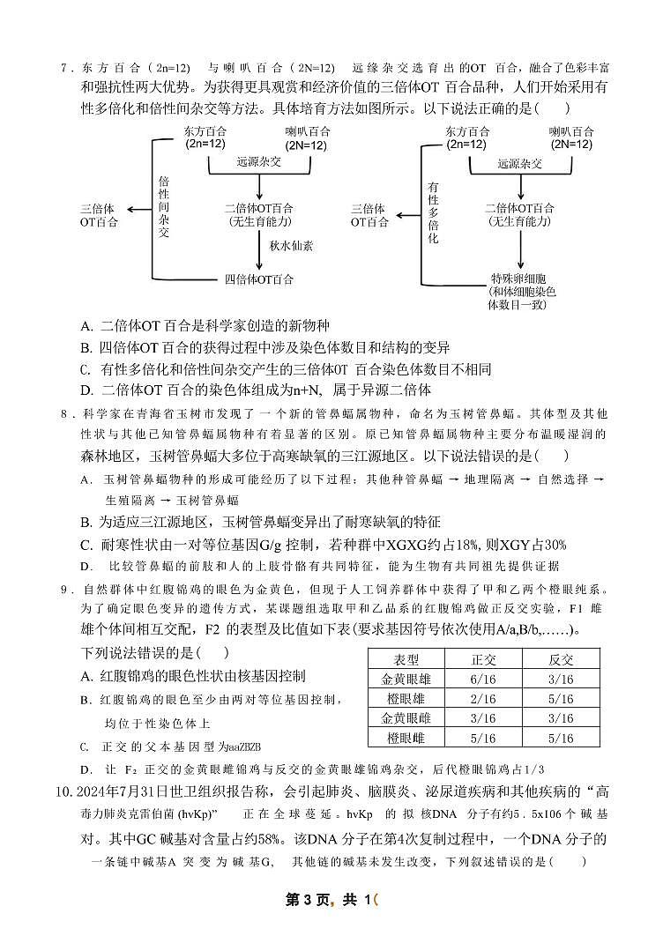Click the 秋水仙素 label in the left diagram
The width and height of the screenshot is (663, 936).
(x=291, y=246)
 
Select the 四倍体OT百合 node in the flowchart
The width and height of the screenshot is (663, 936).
(x=259, y=279)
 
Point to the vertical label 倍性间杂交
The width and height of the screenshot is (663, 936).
(x=163, y=207)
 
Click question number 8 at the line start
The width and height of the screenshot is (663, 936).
(x=63, y=413)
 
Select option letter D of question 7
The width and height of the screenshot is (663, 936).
(x=86, y=390)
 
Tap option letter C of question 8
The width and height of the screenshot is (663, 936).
(x=86, y=545)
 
